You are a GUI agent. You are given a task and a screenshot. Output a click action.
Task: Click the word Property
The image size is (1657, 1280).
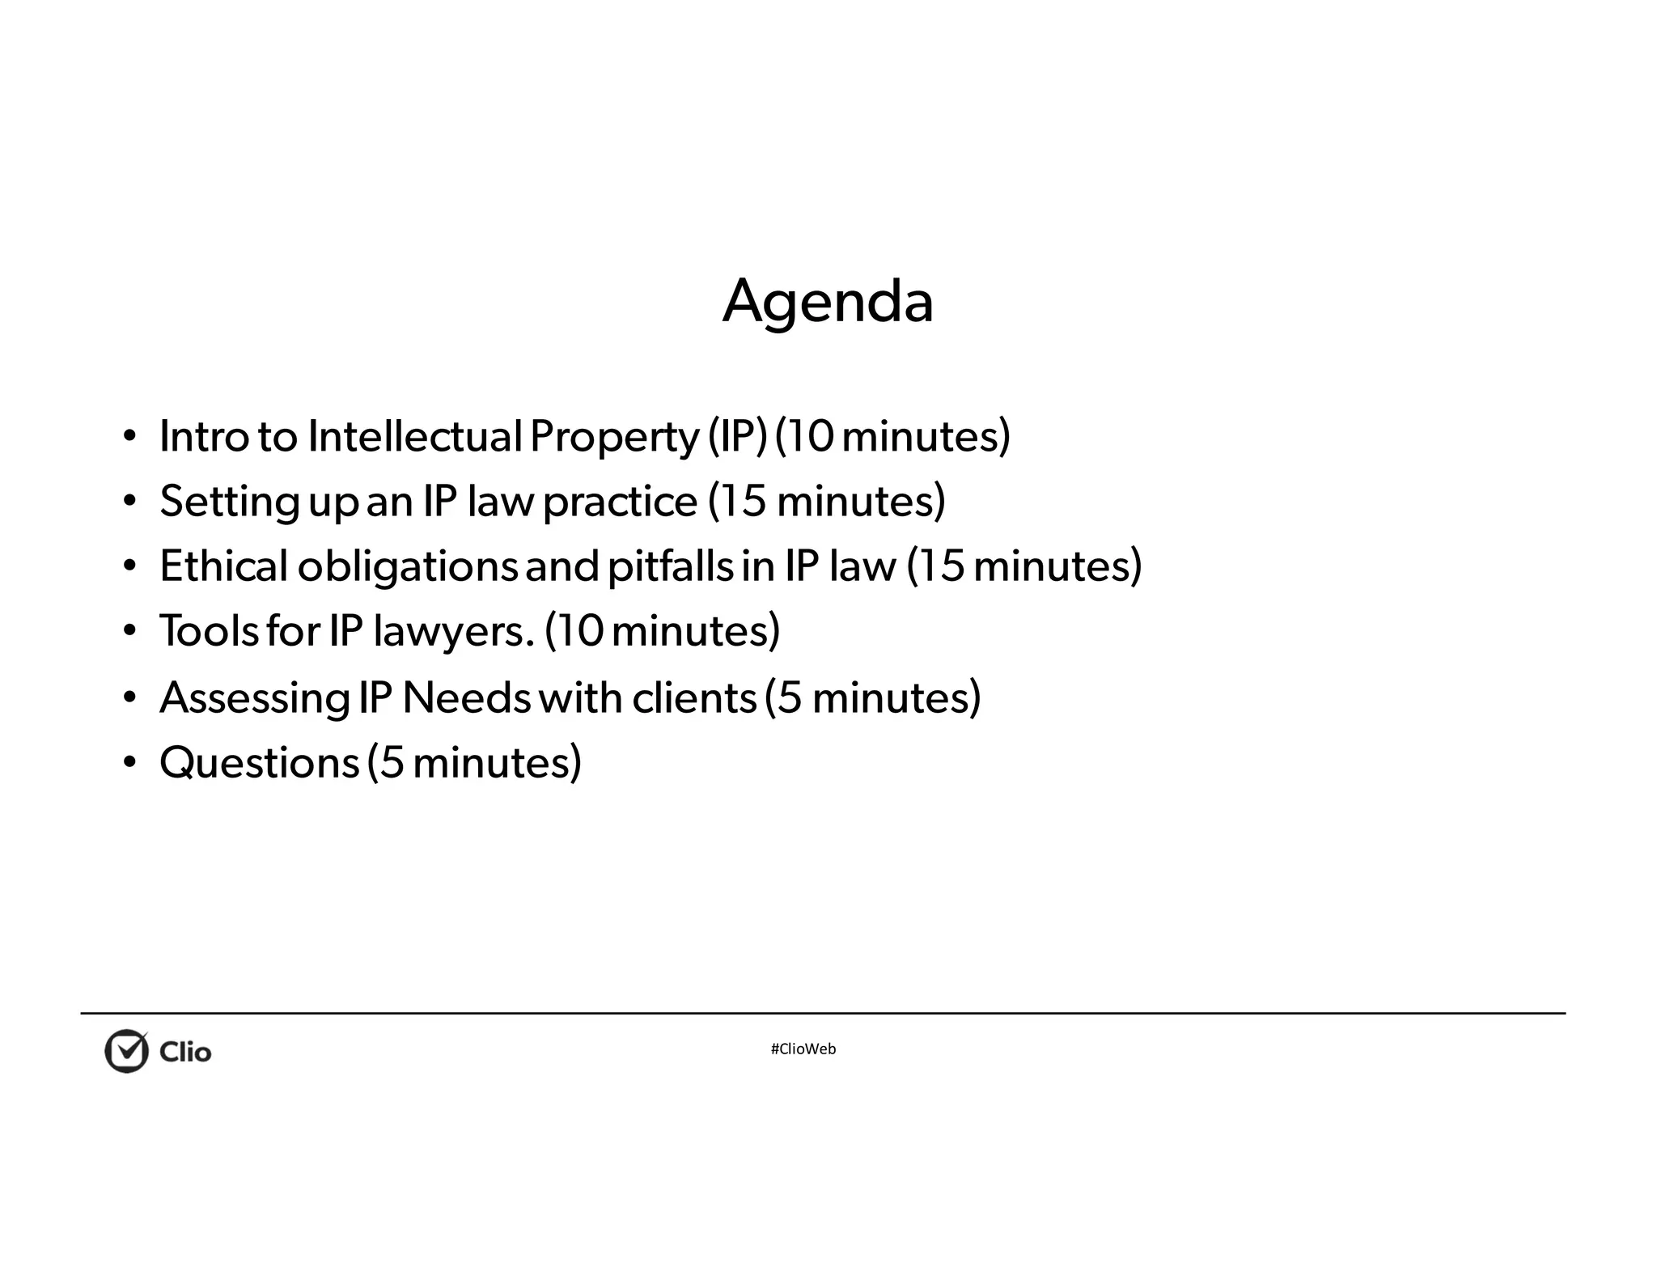coord(614,438)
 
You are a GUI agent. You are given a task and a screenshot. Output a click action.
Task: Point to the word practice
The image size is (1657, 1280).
coord(620,502)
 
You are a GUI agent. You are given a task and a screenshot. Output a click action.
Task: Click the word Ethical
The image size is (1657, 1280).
coord(223,566)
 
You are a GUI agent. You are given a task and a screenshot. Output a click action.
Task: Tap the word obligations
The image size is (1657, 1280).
coord(407,567)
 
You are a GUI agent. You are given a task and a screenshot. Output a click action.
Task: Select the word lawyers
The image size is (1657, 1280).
coord(453,632)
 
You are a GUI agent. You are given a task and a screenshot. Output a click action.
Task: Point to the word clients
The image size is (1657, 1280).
coord(693,697)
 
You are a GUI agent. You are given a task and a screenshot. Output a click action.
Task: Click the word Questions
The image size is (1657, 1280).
coord(259,763)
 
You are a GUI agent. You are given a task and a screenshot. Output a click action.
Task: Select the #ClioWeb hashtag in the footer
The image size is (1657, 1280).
coord(803,1049)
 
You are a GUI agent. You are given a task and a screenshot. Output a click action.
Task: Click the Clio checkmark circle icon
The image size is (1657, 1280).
coord(127,1051)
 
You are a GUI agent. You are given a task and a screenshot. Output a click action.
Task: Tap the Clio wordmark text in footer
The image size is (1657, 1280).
coord(185,1052)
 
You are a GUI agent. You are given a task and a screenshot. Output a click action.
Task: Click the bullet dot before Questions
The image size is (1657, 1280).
coord(129,763)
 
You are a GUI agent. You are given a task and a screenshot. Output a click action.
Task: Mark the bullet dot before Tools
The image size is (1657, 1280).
coord(129,631)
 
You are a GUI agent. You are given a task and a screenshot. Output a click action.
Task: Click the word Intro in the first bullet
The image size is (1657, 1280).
coord(204,436)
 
